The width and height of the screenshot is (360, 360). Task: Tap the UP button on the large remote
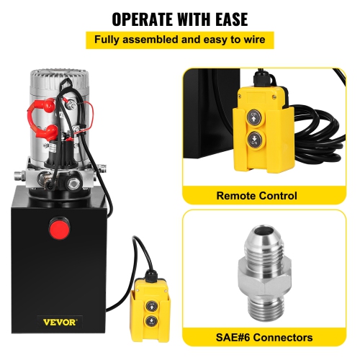(x=255, y=116)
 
